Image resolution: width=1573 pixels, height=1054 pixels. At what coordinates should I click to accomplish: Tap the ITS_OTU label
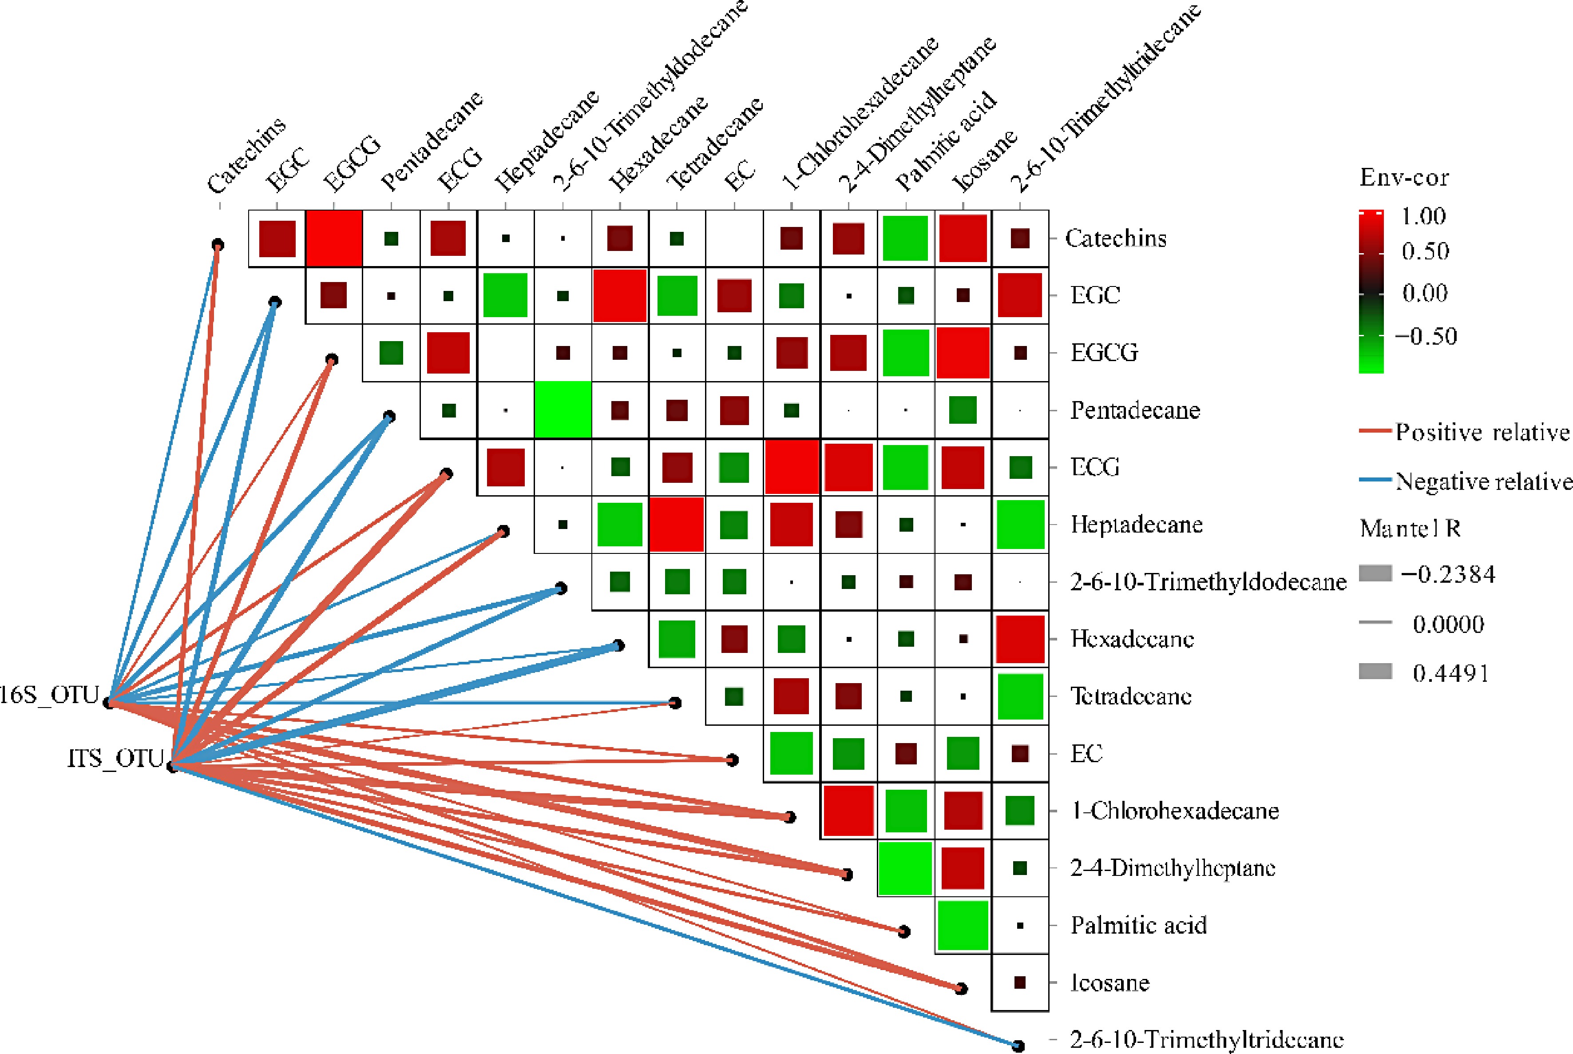coord(115,758)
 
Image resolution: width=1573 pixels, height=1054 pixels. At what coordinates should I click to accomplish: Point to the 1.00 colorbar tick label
coord(1423,216)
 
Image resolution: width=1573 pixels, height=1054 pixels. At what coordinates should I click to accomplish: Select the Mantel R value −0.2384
coord(1448,574)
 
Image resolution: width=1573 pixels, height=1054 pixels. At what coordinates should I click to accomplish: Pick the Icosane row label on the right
coord(1109,983)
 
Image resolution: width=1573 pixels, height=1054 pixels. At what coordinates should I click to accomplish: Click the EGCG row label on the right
coord(1104,352)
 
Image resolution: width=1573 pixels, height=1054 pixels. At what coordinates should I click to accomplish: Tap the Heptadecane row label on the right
coord(1136,524)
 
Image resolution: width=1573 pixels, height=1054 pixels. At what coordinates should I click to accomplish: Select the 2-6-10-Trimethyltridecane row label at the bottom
coord(1206,1040)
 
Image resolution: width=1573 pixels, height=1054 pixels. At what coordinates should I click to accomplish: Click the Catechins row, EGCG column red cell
coord(334,239)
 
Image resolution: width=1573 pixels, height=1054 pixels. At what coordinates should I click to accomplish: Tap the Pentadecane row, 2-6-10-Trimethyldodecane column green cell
coord(563,410)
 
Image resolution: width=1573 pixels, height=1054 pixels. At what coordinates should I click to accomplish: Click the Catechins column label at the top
coord(246,155)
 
